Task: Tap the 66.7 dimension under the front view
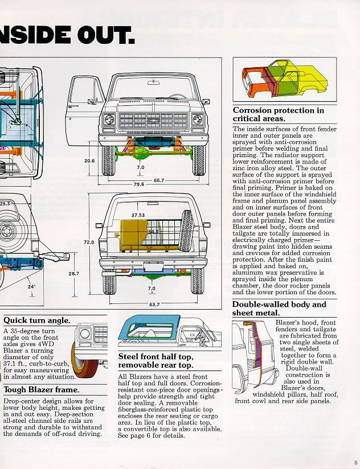click(x=158, y=180)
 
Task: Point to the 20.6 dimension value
click(x=89, y=161)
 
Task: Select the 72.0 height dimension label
click(x=89, y=242)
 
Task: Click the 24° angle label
click(x=31, y=287)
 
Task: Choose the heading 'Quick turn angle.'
click(x=37, y=321)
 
